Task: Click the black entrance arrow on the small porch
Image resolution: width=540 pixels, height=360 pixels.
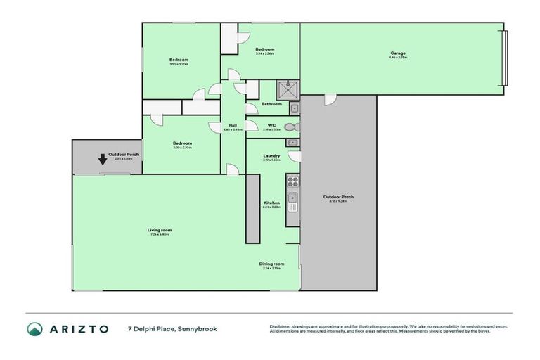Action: click(103, 158)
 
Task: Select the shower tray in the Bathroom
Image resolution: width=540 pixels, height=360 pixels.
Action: click(287, 89)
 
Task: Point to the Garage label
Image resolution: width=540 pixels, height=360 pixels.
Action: click(398, 53)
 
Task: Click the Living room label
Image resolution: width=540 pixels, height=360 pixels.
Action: click(160, 230)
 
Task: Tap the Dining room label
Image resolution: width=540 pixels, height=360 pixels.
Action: click(271, 264)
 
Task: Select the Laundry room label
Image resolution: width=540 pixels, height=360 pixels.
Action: click(271, 156)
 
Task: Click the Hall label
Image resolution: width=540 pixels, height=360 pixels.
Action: click(232, 125)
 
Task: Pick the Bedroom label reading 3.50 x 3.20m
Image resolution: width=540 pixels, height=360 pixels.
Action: click(179, 60)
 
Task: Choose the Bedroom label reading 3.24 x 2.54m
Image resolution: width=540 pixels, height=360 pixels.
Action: click(264, 49)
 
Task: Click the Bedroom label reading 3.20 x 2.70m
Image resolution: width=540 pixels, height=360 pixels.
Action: click(182, 143)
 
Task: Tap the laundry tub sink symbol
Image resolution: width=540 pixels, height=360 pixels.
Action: click(292, 143)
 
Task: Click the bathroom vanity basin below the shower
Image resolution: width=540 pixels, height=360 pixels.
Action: click(294, 108)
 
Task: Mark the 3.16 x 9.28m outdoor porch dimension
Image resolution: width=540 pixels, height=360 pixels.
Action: click(338, 201)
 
